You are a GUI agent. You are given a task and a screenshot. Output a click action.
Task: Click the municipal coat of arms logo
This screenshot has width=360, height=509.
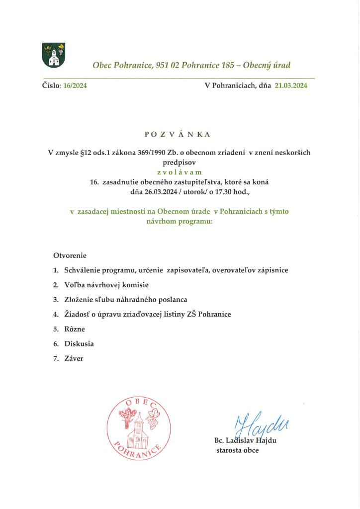click(54, 55)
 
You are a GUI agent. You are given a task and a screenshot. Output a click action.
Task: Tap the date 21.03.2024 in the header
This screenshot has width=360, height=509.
click(291, 85)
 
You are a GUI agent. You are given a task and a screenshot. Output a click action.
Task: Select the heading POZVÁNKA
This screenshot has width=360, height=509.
click(178, 134)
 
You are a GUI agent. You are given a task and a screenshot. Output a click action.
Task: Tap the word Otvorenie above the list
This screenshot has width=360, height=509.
click(70, 255)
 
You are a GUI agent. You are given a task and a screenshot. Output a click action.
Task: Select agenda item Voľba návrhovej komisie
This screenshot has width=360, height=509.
click(106, 285)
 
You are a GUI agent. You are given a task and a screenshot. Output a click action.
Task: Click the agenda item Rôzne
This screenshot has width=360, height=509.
click(75, 329)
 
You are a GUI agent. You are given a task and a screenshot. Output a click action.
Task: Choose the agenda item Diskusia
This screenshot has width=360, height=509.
click(79, 343)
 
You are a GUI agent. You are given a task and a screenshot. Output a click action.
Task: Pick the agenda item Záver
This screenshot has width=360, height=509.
click(74, 358)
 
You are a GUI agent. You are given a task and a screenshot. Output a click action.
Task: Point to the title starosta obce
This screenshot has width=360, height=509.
click(237, 450)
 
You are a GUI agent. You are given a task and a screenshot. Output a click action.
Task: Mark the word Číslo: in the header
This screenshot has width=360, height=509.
click(51, 85)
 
